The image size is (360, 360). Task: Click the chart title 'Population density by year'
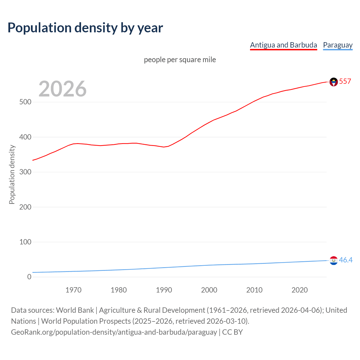tap(85, 28)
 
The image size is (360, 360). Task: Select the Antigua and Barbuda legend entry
tap(283, 45)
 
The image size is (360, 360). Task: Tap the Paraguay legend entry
tap(337, 45)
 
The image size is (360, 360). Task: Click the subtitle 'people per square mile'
tap(180, 60)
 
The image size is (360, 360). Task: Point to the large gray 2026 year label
tap(62, 89)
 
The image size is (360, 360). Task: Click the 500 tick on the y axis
tap(25, 102)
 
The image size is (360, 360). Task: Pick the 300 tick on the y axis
tap(25, 172)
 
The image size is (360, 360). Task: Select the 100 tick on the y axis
tap(25, 242)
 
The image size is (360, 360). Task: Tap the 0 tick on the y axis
tap(29, 277)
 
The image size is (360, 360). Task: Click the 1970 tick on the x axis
tap(73, 290)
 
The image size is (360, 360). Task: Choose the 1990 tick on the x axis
tap(164, 290)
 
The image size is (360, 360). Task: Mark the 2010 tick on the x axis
tap(254, 290)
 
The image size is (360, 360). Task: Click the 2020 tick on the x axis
tap(300, 290)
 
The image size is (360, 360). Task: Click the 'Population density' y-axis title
tap(12, 174)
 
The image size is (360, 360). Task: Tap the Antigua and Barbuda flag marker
tap(334, 82)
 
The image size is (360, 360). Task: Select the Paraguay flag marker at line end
tap(334, 261)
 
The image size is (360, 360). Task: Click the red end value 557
tap(345, 81)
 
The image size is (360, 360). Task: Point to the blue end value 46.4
tap(346, 260)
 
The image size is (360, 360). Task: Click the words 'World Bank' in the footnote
tap(75, 310)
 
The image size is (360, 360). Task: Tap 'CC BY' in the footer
tap(232, 332)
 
